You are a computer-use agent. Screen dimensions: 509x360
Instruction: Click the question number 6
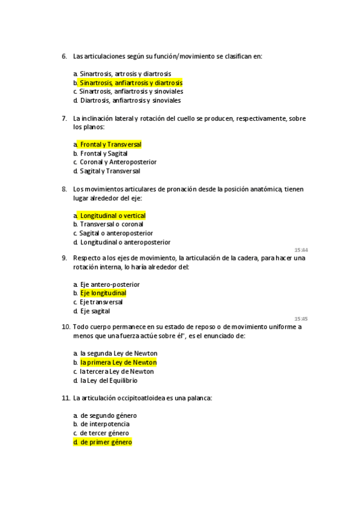point(64,56)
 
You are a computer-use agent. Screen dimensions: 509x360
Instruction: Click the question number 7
point(64,118)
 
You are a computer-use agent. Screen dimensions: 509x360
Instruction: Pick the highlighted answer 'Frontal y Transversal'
point(110,145)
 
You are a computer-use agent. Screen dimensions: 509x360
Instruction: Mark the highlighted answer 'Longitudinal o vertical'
point(113,215)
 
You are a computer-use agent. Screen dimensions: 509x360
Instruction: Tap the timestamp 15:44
point(301,250)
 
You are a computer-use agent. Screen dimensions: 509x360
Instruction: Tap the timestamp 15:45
point(301,319)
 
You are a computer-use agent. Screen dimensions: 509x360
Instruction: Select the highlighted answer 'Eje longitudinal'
point(103,293)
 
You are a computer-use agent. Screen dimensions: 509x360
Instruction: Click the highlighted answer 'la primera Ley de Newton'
point(118,363)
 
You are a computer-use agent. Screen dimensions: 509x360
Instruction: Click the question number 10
point(65,327)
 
